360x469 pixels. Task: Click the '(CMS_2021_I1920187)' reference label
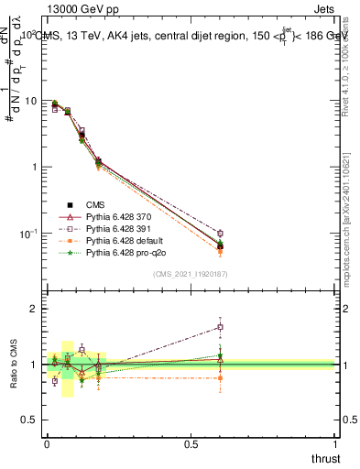pos(191,273)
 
